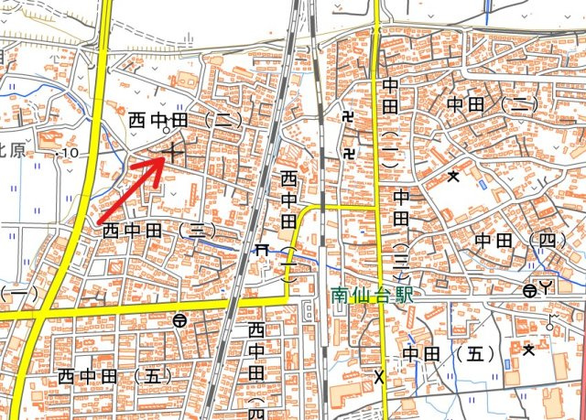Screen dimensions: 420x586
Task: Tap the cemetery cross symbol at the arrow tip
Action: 173,151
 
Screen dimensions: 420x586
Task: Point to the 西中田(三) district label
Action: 157,229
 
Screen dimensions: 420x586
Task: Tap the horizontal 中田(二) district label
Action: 491,105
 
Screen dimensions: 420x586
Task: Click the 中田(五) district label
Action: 449,353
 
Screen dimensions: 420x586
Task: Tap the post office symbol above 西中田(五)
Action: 179,320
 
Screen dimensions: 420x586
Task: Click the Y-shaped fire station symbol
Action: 547,290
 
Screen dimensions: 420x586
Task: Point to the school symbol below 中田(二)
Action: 452,177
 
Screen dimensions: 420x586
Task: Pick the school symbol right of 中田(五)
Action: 527,348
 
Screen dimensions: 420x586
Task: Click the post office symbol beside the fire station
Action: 529,291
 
